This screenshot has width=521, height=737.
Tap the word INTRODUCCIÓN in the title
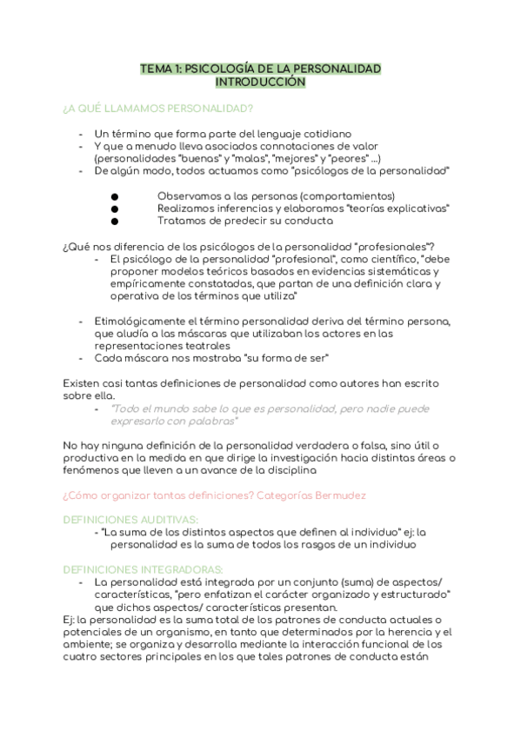[x=260, y=82]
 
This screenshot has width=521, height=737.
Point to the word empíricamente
[x=136, y=284]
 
